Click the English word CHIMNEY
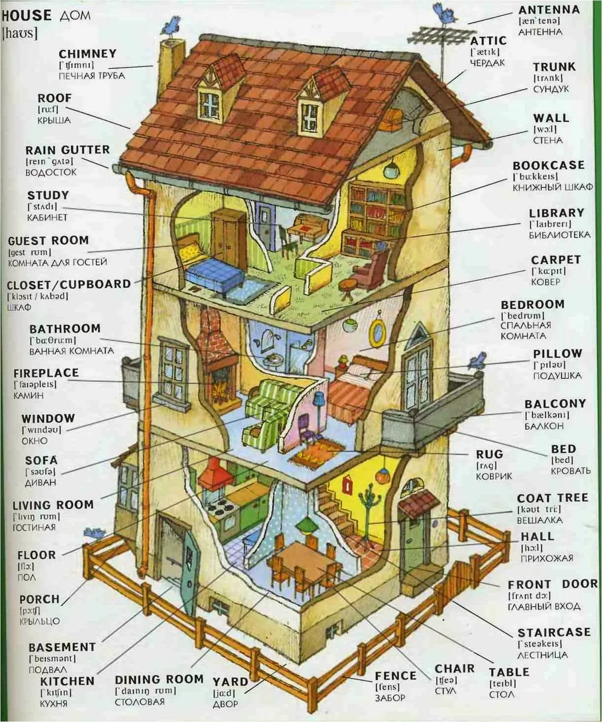[x=87, y=54]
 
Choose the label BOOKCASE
[x=548, y=165]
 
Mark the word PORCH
[x=39, y=599]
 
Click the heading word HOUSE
[x=26, y=15]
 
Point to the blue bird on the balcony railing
[x=478, y=361]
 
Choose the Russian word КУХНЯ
[x=54, y=703]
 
